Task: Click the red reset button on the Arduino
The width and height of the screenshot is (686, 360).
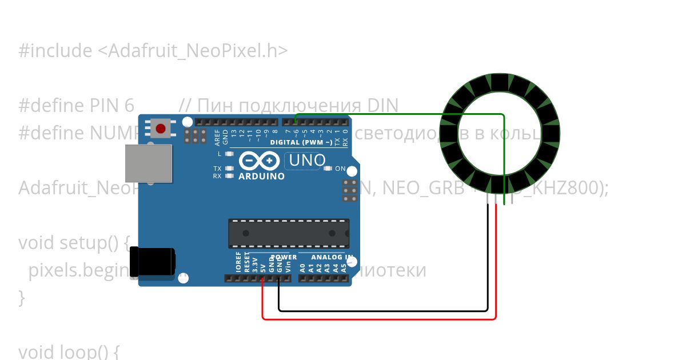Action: pos(161,129)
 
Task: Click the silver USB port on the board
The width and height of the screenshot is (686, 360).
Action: pos(148,163)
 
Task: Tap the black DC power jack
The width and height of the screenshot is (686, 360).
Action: pos(152,262)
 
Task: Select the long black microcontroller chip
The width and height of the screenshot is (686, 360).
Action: pos(289,233)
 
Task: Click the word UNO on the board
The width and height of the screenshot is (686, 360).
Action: pos(308,161)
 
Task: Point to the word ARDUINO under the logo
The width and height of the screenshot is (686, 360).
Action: pos(261,177)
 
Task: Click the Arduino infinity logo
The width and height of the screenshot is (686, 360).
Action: pos(260,161)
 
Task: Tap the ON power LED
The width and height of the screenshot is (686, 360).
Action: pos(328,169)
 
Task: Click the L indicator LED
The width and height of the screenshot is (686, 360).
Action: pos(230,154)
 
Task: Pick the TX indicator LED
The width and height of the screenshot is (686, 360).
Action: pos(230,169)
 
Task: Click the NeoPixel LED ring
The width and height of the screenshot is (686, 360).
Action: pos(500,85)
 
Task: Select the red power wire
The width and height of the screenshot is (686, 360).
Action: pos(377,318)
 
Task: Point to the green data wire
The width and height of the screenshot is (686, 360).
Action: pos(400,114)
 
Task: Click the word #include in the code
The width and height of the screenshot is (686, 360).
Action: pos(55,51)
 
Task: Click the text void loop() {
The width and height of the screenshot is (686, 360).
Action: pos(69,351)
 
